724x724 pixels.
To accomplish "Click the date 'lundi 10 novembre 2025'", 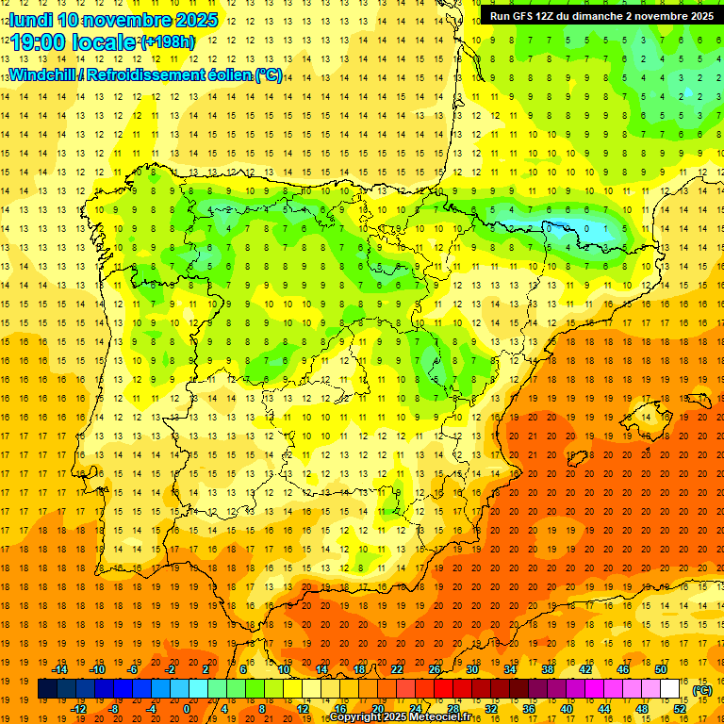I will tap(114, 20).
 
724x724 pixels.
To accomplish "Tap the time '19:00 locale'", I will tap(74, 42).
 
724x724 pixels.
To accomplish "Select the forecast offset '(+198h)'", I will tap(167, 42).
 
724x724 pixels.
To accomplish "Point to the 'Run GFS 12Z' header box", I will tap(601, 15).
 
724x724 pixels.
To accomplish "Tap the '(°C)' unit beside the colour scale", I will tap(701, 690).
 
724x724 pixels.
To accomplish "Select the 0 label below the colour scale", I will tap(187, 709).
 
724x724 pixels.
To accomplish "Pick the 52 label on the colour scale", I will tap(680, 709).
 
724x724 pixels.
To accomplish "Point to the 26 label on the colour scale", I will tap(435, 669).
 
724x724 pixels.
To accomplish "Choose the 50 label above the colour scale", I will tap(661, 669).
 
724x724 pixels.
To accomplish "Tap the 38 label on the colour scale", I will tap(548, 669).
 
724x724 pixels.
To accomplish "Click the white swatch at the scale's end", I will tap(670, 689).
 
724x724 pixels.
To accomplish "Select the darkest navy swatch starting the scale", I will tap(47, 689).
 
